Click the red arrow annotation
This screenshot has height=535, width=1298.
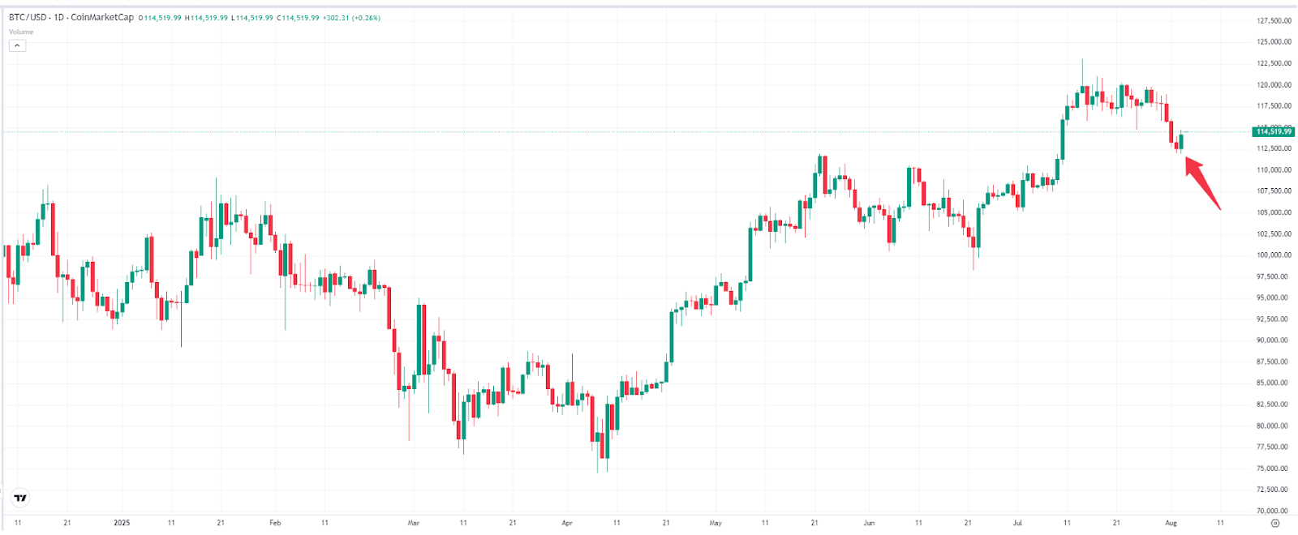pos(1203,183)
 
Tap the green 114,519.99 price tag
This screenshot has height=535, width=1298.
pos(1273,131)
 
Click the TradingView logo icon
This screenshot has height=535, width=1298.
pos(20,498)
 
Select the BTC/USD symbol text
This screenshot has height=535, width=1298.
pos(28,18)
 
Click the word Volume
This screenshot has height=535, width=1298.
pos(21,32)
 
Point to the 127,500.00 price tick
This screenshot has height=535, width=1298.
pos(1274,21)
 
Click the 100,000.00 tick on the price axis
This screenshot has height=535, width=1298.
pos(1274,255)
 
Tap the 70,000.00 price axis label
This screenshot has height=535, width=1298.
pos(1274,511)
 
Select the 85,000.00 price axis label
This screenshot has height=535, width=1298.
pos(1274,383)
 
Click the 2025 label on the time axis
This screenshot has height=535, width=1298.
pos(122,523)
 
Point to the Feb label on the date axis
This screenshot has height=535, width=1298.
pos(275,523)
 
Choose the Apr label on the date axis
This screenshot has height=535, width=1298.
pos(567,523)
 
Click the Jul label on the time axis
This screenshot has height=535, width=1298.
pos(1017,523)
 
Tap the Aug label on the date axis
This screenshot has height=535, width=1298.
pos(1171,523)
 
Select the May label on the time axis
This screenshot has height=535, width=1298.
pos(716,523)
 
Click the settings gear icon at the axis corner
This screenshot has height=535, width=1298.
pos(1274,524)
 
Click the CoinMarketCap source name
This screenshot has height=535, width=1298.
pos(102,18)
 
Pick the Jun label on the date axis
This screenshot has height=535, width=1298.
pos(869,523)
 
